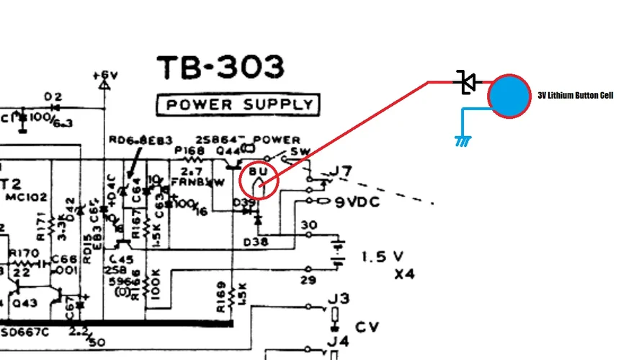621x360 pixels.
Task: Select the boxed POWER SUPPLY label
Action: tap(237, 105)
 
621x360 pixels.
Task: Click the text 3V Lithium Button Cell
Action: tap(575, 96)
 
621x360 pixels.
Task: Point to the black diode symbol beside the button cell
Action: tap(467, 83)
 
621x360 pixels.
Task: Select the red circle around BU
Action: tap(259, 180)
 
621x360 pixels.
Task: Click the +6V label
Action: tap(104, 74)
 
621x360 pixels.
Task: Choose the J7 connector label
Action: tap(341, 172)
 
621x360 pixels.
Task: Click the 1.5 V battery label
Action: tap(383, 256)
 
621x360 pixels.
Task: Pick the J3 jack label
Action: tap(340, 298)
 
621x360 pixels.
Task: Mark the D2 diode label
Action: tap(53, 96)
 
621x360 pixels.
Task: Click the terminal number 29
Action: tap(308, 279)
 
